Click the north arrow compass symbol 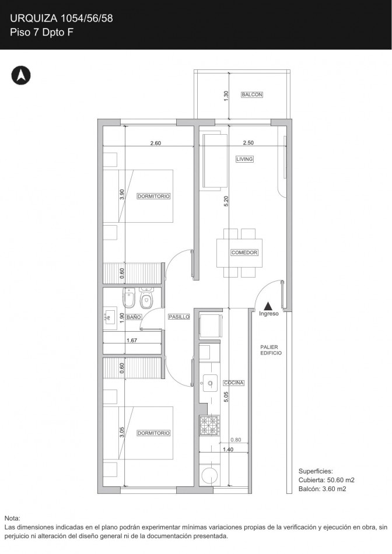coord(21,75)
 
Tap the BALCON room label coord(251,94)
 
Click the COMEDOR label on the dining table coord(244,253)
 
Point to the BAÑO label coord(134,317)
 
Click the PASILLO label coord(178,317)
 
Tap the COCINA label coord(233,383)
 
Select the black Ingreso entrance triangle coord(269,305)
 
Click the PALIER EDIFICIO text coord(271,350)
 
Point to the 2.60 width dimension coord(155,143)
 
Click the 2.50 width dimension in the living coord(249,143)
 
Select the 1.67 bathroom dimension coord(131,339)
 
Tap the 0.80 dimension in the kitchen coord(236,440)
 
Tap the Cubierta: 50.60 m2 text coord(327,480)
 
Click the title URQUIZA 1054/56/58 coord(61,19)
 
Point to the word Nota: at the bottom coord(12,518)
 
